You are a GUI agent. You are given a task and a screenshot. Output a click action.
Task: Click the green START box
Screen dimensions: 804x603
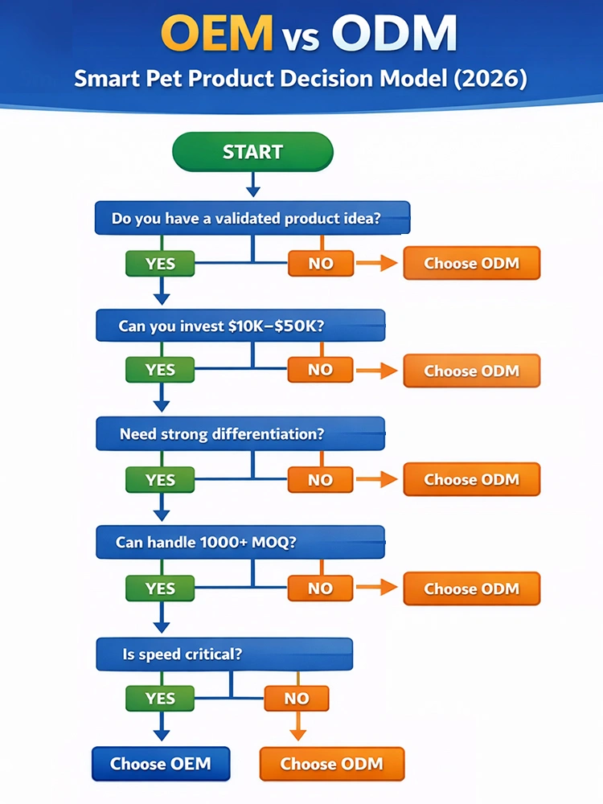[x=252, y=152]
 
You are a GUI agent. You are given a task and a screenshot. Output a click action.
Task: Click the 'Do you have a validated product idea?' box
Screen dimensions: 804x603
[x=252, y=218]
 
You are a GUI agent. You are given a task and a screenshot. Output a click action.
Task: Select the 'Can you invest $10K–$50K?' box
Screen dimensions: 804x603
[x=240, y=326]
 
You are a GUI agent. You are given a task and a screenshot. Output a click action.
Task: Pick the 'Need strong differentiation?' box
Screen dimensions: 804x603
[x=240, y=434]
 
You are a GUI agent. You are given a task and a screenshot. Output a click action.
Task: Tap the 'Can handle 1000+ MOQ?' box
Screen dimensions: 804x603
[x=240, y=542]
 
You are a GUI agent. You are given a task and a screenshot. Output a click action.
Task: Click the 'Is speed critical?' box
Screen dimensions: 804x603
[x=224, y=654]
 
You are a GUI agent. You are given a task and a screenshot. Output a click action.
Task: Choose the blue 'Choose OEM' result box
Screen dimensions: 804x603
[x=161, y=763]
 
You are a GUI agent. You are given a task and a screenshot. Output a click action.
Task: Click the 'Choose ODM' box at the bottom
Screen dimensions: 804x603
[x=331, y=763]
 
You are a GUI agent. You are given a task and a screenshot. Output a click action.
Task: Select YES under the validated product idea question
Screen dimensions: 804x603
[x=160, y=263]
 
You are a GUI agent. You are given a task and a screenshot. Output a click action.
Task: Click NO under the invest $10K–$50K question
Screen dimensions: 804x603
[x=320, y=370]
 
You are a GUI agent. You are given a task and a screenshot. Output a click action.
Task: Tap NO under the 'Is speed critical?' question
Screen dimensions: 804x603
[x=297, y=699]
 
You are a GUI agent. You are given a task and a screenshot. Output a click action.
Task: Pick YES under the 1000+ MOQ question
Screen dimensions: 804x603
[x=160, y=589]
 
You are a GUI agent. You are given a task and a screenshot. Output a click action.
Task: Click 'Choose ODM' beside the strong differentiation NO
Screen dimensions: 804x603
[x=471, y=479]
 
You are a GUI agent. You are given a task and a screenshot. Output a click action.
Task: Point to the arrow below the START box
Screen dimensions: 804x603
[x=252, y=186]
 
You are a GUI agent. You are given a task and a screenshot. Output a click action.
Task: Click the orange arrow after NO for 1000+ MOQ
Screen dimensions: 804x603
[x=377, y=589]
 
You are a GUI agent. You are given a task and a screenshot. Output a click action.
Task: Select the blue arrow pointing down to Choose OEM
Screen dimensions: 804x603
[x=162, y=727]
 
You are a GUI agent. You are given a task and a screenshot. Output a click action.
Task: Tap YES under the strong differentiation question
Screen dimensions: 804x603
[x=160, y=480]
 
